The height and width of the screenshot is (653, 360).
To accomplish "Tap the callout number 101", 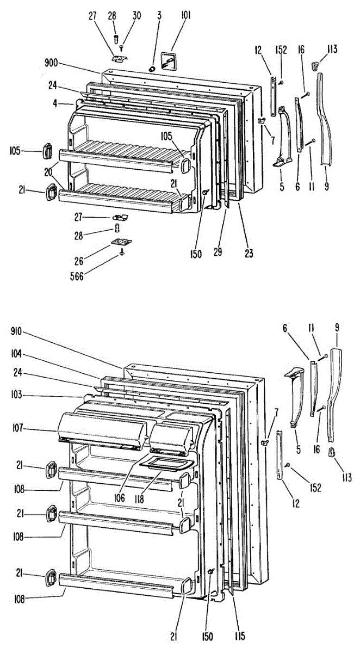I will [x=186, y=15].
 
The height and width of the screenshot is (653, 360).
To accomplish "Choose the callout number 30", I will [x=136, y=15].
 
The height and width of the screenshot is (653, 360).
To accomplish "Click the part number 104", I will [x=16, y=353].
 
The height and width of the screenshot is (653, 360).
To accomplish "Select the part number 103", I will [x=16, y=395].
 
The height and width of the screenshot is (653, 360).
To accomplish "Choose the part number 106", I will [x=120, y=497].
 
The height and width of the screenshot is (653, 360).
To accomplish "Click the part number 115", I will [x=239, y=635].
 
